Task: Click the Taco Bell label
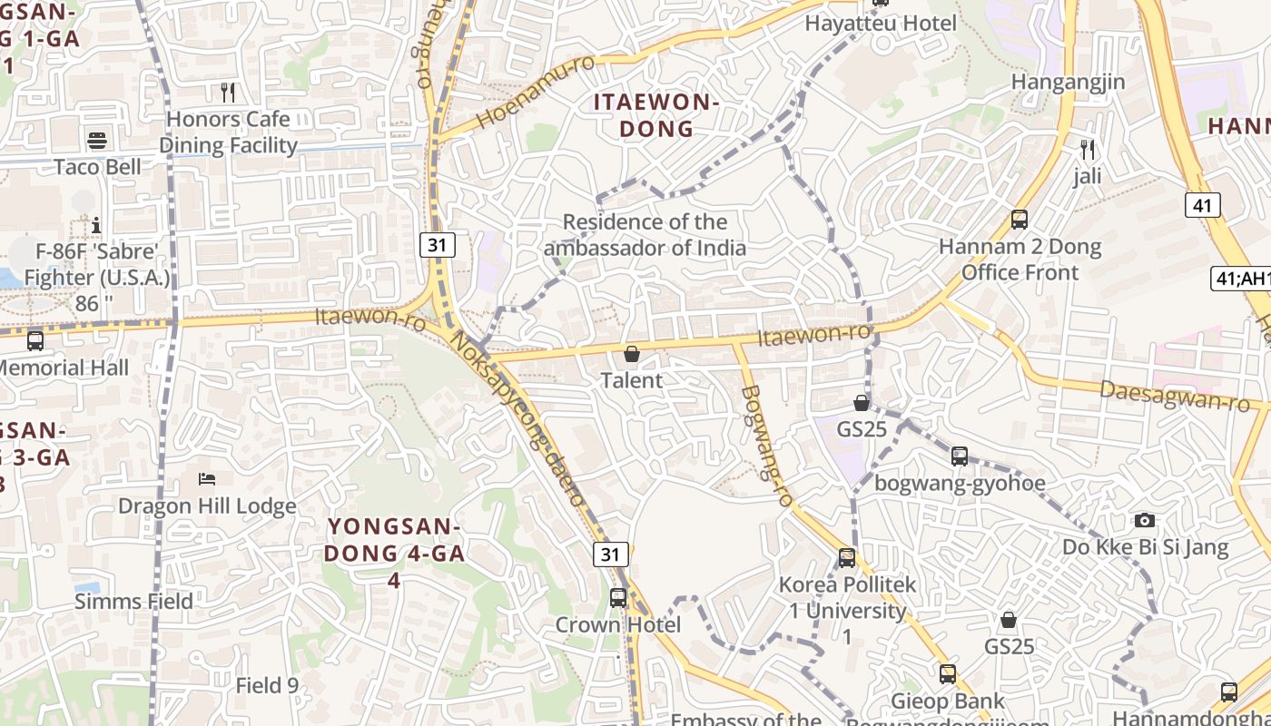(97, 167)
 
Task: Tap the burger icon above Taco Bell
(97, 140)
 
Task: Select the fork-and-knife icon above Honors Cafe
(228, 92)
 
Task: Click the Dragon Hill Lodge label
(207, 505)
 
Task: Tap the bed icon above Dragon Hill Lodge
(207, 478)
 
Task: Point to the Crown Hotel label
(618, 624)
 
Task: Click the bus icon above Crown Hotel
(618, 597)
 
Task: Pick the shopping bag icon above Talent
(632, 353)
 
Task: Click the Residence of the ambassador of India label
(645, 235)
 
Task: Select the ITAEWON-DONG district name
(656, 115)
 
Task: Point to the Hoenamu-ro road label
(535, 91)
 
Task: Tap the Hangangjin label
(1069, 82)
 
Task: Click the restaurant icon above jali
(1088, 149)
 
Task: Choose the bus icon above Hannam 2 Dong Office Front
(1020, 219)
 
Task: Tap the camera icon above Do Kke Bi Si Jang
(1145, 520)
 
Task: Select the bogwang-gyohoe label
(960, 483)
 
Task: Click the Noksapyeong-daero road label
(517, 417)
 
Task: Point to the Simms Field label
(133, 601)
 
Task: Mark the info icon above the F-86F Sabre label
(97, 224)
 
